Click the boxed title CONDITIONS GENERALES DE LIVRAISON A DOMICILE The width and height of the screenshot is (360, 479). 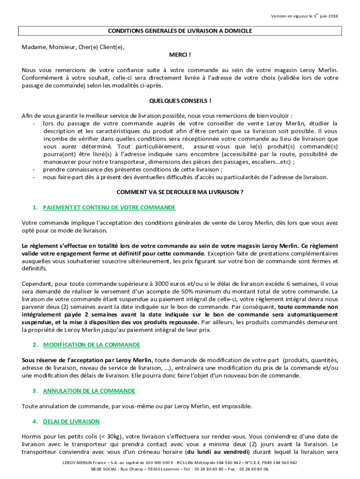[x=180, y=31]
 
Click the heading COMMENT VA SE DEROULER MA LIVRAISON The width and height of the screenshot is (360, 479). [x=180, y=192]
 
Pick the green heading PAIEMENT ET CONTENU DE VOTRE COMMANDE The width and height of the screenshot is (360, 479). [x=109, y=207]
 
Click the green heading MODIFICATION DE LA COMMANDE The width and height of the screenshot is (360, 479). [x=92, y=345]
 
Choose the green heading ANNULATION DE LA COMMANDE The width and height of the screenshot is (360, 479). [x=89, y=391]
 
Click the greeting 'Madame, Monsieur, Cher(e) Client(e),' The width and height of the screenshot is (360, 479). [x=73, y=47]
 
